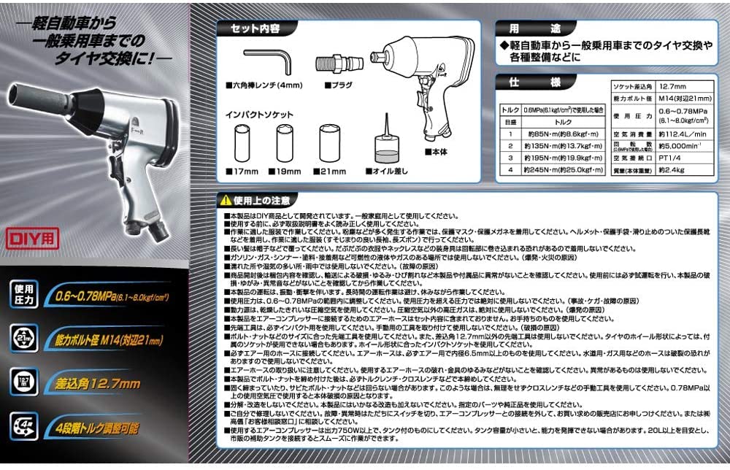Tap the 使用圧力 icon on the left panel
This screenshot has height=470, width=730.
tap(23, 295)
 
